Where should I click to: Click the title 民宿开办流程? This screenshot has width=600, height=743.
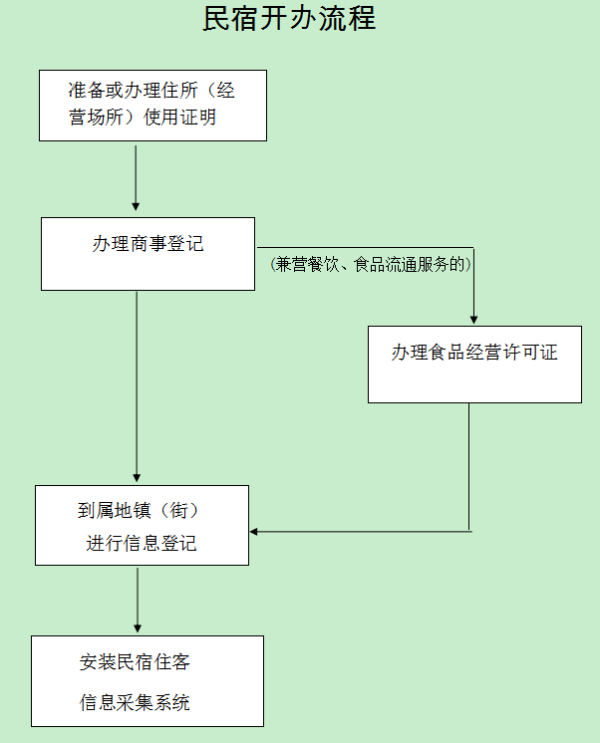coord(289,19)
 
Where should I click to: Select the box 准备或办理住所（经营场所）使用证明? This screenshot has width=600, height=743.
coord(152,105)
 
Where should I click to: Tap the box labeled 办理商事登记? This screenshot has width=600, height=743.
coord(148,254)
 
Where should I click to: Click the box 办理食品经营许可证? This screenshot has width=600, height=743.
coord(474,364)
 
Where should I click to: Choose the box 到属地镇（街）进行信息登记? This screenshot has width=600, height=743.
coord(142,525)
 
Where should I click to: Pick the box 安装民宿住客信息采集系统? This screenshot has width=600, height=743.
coord(148,681)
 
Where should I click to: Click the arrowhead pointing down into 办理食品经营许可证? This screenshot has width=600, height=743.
coord(473,319)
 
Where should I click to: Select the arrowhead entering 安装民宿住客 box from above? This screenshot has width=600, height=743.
coord(137,628)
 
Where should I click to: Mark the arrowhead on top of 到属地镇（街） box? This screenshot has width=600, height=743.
coord(137,478)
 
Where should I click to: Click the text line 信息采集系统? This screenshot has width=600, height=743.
coord(135,703)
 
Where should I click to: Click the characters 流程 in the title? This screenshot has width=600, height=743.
coord(354,19)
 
